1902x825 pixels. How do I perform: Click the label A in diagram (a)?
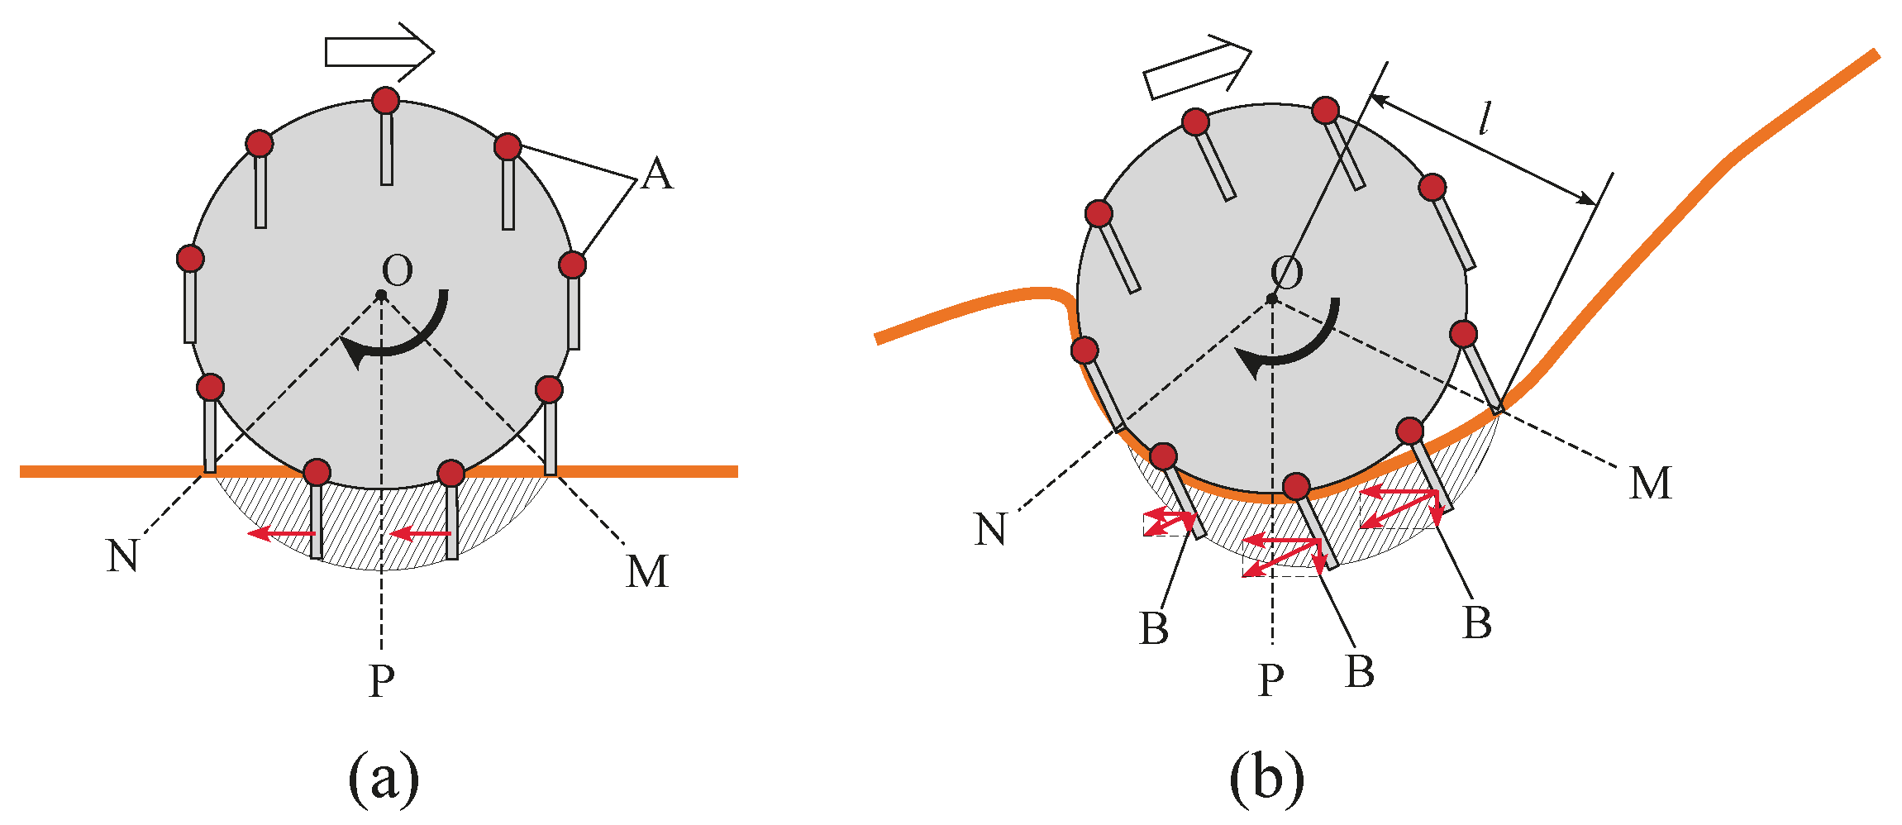[x=657, y=174]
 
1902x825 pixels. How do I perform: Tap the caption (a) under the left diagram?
[x=384, y=777]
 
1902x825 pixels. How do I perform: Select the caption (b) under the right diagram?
[x=1267, y=777]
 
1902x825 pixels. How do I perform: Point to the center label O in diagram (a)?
[x=398, y=270]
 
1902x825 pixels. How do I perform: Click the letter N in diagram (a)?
[x=122, y=556]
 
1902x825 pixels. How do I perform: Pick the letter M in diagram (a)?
[x=646, y=571]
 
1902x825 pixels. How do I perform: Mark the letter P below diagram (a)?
[x=381, y=681]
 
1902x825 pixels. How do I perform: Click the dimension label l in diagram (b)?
[x=1485, y=120]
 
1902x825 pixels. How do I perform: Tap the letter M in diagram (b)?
[x=1650, y=483]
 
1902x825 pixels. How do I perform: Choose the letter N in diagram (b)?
[x=990, y=529]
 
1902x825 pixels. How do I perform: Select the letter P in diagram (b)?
[x=1271, y=680]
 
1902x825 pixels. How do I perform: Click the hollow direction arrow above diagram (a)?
[x=379, y=51]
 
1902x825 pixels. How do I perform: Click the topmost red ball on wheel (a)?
[x=385, y=101]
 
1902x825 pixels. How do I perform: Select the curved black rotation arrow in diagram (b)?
[x=1289, y=347]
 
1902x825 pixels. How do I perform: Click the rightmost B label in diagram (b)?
[x=1477, y=622]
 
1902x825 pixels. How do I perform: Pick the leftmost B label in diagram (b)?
[x=1154, y=628]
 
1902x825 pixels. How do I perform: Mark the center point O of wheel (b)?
[x=1272, y=298]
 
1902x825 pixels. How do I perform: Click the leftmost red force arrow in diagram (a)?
[x=281, y=534]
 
